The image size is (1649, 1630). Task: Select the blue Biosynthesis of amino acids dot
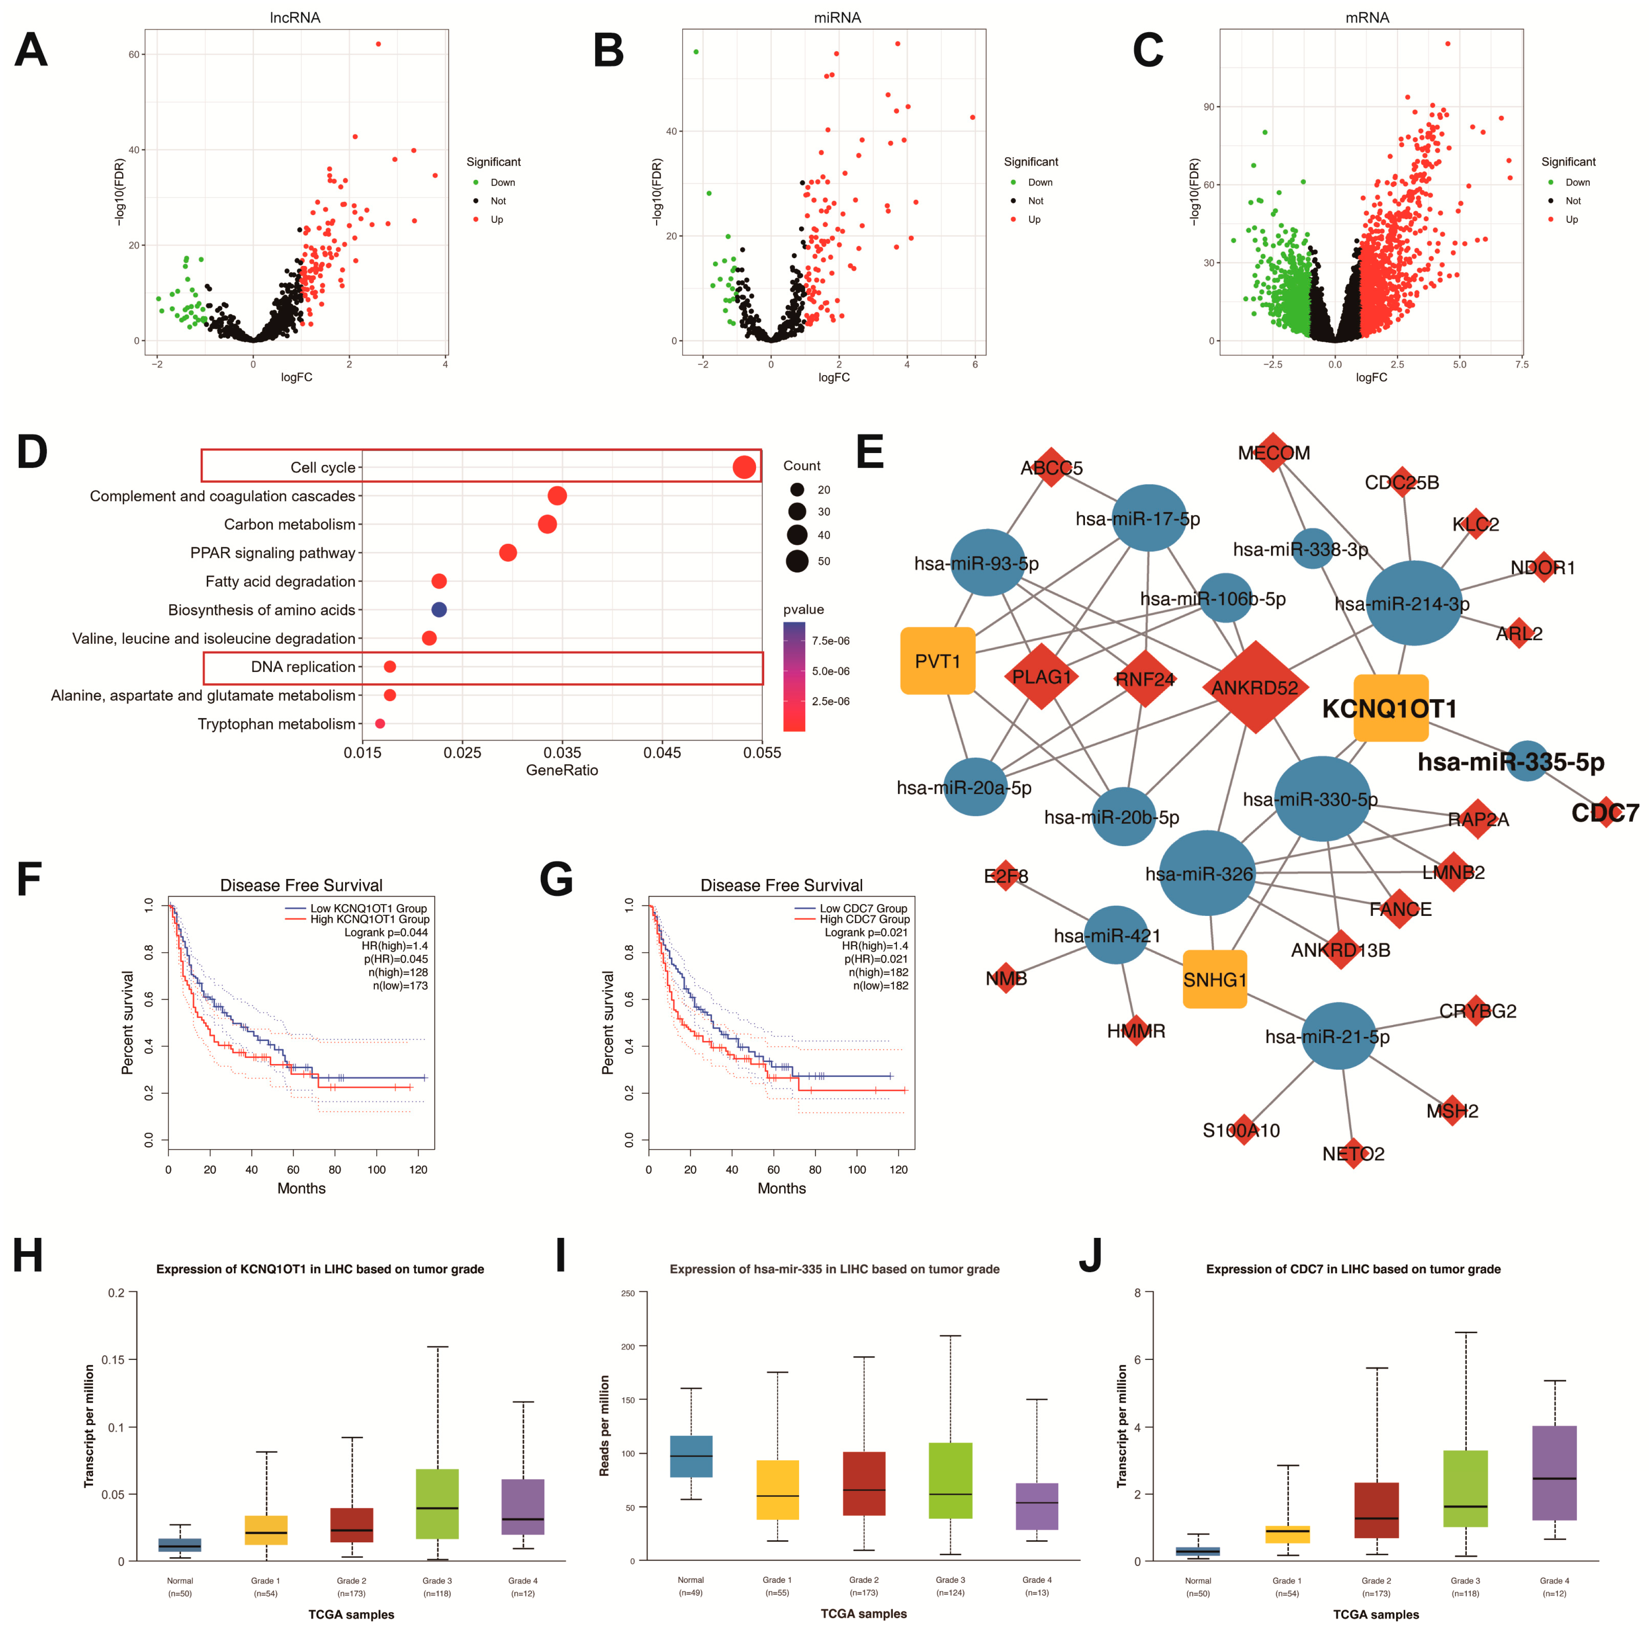[x=439, y=609]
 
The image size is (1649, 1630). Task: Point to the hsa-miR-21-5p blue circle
[x=1339, y=1036]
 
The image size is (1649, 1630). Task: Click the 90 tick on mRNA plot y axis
[x=1208, y=107]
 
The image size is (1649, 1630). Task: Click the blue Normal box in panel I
[x=692, y=1456]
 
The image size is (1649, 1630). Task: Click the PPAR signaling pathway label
[x=272, y=553]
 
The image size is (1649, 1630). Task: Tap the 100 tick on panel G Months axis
[x=857, y=1169]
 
